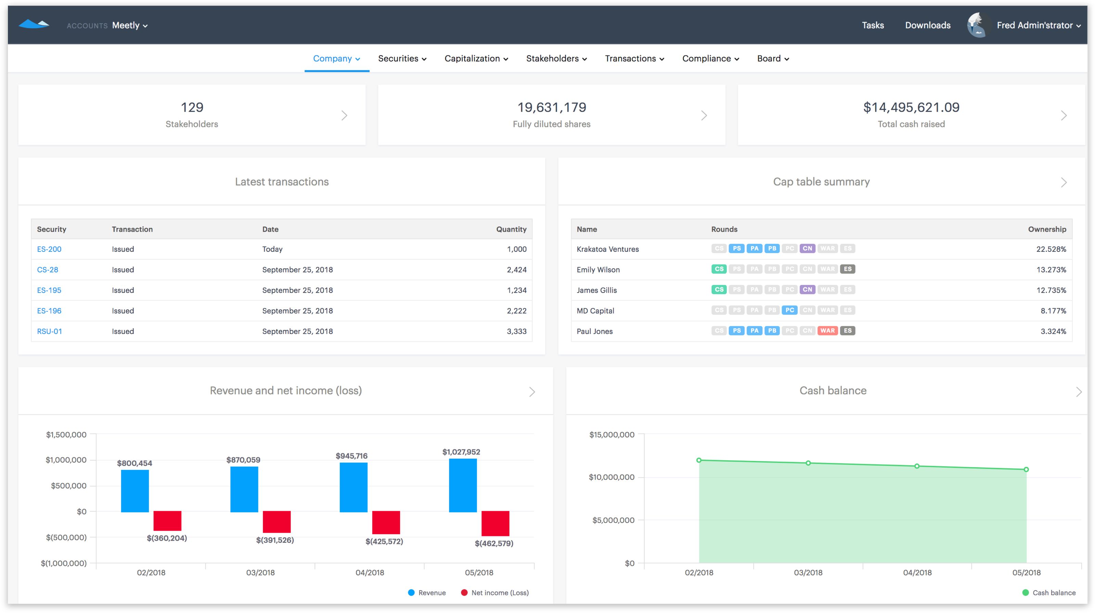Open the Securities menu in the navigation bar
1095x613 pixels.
coord(402,59)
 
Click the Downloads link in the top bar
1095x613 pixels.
coord(928,25)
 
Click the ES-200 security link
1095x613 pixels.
coord(49,249)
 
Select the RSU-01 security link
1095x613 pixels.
coord(49,331)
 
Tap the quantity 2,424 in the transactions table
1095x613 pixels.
coord(516,270)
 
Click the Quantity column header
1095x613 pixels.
coord(511,229)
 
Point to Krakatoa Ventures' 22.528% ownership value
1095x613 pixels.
coord(1051,249)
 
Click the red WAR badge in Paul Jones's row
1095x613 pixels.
coord(827,331)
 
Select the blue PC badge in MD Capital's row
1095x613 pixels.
coord(789,311)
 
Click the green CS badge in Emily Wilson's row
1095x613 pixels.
coord(719,269)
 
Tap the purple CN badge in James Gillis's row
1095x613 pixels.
coord(807,290)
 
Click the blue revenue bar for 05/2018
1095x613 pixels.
coord(463,485)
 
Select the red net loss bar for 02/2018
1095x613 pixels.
coord(167,521)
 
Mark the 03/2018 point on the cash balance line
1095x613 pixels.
coord(808,463)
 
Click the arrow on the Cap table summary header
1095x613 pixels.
coord(1063,183)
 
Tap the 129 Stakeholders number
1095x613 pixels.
coord(192,108)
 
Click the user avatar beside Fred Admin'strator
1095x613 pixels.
coord(976,25)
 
